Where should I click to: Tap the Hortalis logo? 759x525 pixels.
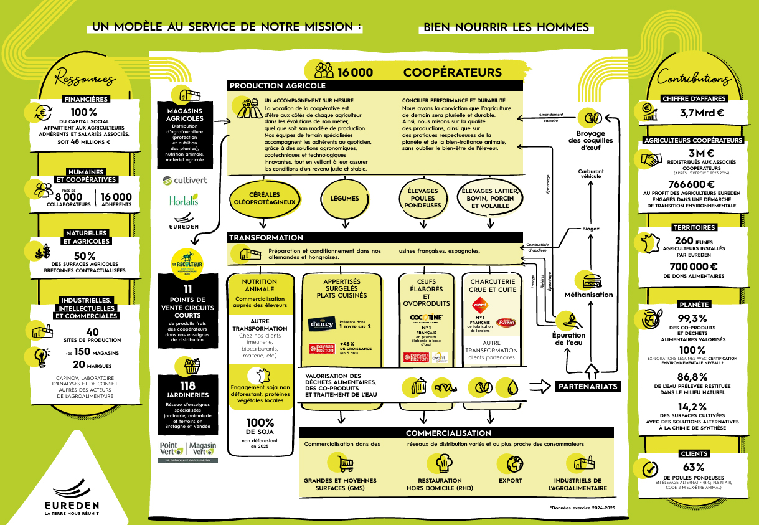coord(184,201)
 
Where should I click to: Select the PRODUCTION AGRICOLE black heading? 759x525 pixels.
coord(278,86)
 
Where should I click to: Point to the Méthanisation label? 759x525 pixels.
coord(588,295)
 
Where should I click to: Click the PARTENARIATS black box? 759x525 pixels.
coord(588,387)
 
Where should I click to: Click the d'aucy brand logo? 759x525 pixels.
coord(322,324)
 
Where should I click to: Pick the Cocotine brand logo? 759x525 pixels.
coord(426,318)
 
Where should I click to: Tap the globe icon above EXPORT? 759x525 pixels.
coord(514,463)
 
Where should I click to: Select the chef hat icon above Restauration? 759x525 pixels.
coord(443,463)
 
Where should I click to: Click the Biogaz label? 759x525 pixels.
coord(590,229)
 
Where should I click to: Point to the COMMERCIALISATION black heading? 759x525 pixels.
coord(448,433)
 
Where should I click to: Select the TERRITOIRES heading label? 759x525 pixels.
coord(694,227)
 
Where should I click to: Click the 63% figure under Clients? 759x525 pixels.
coord(693,467)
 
